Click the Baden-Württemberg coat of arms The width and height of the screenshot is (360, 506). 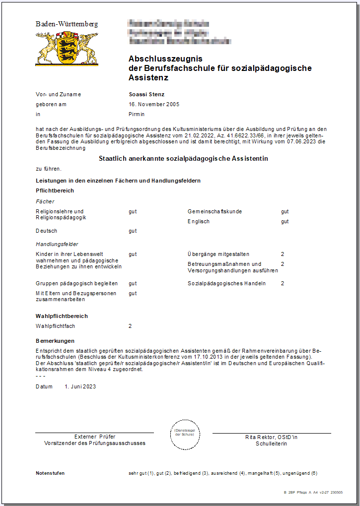pos(67,49)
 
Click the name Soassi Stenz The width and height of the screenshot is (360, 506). pos(146,94)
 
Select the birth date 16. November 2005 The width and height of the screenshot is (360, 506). pos(154,104)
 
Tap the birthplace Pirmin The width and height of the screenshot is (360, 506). pos(137,114)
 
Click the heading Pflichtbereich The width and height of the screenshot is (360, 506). pos(55,190)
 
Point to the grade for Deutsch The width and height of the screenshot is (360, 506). pos(133,231)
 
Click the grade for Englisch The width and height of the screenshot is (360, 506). pos(285,221)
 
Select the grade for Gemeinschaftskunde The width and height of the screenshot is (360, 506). pos(285,211)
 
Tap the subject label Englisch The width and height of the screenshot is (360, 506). pos(199,221)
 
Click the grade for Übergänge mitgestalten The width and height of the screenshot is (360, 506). pos(283,254)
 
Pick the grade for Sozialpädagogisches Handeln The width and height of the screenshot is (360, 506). pos(283,283)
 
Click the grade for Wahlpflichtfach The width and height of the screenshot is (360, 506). pos(130,326)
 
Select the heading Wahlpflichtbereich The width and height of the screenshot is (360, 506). pos(62,316)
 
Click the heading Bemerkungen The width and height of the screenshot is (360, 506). pos(55,341)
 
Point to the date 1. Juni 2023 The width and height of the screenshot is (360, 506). pos(80,386)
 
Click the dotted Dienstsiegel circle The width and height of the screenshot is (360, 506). pos(184,434)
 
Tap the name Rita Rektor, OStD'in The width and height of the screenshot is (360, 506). pos(271,437)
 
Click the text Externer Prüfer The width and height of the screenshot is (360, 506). pos(95,437)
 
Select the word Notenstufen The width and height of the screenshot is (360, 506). pos(50,473)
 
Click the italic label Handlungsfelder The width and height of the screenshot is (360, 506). pos(57,244)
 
